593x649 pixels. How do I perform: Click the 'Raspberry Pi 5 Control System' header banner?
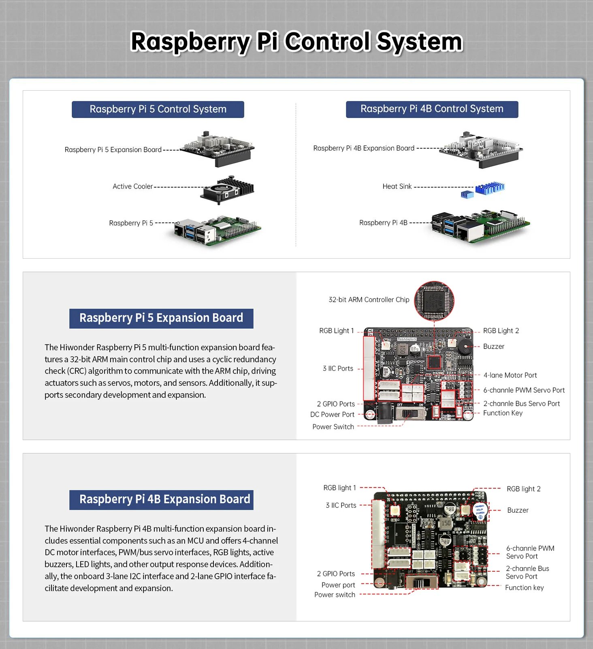(158, 109)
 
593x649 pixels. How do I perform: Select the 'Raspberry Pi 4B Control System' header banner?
(432, 109)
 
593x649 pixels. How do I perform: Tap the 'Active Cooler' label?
(132, 187)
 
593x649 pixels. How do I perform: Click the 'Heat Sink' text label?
(397, 186)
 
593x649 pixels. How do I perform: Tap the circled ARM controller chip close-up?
(434, 300)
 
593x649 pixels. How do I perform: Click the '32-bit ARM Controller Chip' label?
(369, 300)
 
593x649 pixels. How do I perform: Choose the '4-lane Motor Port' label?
(510, 375)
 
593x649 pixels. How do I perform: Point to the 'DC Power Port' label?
(332, 415)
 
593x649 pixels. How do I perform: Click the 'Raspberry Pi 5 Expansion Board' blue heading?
(161, 318)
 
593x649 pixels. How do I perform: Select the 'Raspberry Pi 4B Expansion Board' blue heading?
(164, 500)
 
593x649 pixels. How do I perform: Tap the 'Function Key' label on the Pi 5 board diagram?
(503, 413)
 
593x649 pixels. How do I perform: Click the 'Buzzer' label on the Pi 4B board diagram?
(518, 511)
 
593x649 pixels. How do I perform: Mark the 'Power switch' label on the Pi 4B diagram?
(335, 595)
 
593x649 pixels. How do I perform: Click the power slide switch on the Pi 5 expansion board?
(410, 414)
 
